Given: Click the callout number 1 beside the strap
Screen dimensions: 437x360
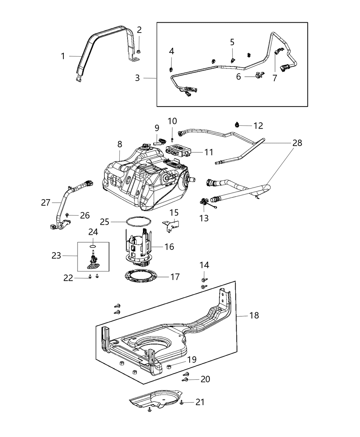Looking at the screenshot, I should tap(63, 56).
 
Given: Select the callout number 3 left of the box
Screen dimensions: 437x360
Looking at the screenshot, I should tap(137, 78).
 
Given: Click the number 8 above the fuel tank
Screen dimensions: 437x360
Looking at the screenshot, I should tap(119, 144).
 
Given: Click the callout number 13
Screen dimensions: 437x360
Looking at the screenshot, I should tap(204, 218).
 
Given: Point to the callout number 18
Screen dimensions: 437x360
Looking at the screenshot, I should tap(254, 315).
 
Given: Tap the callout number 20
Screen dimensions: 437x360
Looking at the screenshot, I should tap(205, 379).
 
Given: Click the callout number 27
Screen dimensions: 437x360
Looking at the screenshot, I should tap(46, 203).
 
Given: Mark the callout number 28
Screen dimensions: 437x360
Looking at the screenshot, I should tap(297, 143).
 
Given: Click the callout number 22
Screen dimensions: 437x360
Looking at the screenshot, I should tap(68, 278).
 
